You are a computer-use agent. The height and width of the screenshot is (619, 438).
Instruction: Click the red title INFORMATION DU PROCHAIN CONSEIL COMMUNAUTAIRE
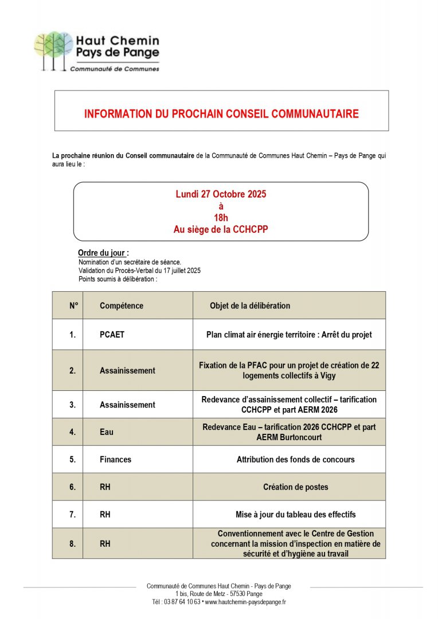(x=221, y=113)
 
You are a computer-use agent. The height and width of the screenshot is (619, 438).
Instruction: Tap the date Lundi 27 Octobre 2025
(x=221, y=194)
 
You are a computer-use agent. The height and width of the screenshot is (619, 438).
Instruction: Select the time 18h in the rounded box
(x=221, y=218)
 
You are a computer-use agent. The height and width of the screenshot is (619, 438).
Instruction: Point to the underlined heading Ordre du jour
(x=103, y=253)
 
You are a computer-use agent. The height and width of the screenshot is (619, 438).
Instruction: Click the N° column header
(x=73, y=305)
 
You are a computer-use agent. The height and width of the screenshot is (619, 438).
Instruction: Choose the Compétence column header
(x=122, y=305)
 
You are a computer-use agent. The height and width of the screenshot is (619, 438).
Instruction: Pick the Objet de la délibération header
(x=250, y=305)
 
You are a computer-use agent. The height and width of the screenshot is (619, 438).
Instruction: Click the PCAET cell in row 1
(x=112, y=334)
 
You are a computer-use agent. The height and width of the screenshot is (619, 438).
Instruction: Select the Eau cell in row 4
(x=107, y=432)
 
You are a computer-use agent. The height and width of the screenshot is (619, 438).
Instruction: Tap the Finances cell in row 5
(x=115, y=459)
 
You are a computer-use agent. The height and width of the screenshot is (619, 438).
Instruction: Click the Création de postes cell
(x=295, y=487)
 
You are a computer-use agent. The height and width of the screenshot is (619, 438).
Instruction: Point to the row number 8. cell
(x=72, y=543)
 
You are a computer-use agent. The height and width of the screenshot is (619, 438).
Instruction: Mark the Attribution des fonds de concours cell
(x=295, y=459)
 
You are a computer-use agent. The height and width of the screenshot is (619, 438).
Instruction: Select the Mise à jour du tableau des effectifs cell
(x=295, y=514)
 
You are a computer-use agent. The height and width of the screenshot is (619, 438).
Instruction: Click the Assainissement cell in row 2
(x=127, y=370)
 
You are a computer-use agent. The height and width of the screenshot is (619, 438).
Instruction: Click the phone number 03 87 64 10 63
(x=182, y=602)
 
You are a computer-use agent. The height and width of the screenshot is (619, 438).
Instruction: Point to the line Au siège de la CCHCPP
(x=221, y=229)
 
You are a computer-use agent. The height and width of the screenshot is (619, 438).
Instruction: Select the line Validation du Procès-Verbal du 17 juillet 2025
(x=139, y=271)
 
